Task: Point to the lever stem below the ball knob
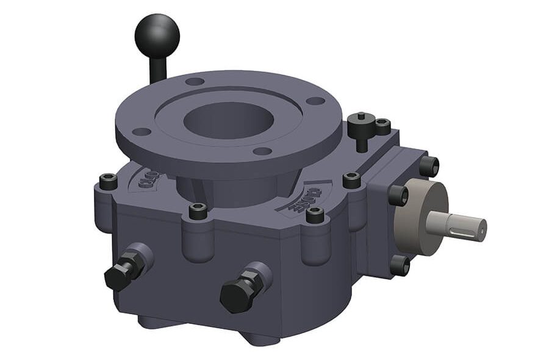click(157, 68)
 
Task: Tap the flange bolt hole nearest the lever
click(195, 81)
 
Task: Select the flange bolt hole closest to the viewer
click(262, 151)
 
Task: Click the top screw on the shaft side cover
click(429, 165)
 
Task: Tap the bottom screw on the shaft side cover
click(400, 265)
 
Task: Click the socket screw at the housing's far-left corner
click(109, 181)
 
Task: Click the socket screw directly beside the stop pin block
click(382, 126)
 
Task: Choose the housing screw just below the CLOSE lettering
click(315, 214)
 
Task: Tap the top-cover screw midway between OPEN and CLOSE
click(198, 211)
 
